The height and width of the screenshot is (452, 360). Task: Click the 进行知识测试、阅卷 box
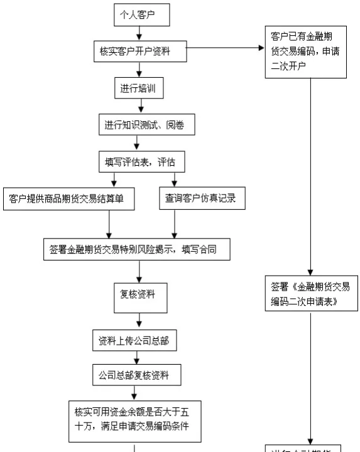[x=143, y=125]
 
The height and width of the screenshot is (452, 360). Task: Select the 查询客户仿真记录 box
[x=200, y=198]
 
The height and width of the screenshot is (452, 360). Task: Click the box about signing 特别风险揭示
[x=138, y=248]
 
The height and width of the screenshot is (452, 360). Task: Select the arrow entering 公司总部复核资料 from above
[x=135, y=358]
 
